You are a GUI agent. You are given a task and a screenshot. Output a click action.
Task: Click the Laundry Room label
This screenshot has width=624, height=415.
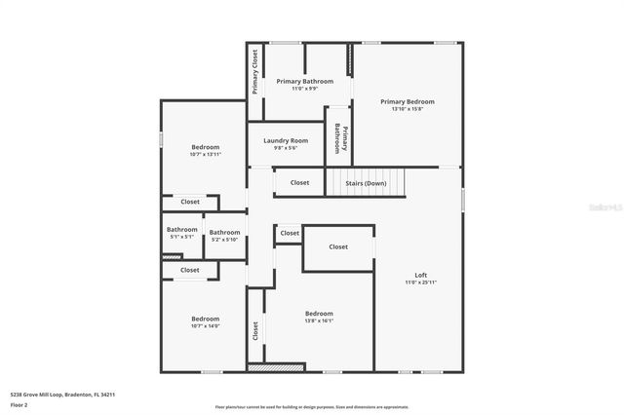point(286,140)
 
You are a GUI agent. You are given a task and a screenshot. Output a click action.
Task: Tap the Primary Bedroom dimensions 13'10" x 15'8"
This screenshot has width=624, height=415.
point(408,109)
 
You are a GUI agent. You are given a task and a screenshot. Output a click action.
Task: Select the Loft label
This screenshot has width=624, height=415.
point(421,275)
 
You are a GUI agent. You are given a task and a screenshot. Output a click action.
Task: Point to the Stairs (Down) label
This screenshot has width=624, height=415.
point(366,182)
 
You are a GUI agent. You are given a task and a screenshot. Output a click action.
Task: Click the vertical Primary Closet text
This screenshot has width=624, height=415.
point(254,71)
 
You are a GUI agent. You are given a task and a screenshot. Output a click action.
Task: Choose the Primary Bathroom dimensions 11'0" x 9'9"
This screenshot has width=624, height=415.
point(304,89)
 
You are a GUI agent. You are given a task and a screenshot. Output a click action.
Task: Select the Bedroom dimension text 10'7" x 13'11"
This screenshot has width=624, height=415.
point(205,154)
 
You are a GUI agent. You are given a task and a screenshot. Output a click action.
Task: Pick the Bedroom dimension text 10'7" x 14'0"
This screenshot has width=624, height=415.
point(205,326)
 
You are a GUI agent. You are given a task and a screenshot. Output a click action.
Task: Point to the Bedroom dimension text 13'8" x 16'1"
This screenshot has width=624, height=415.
point(319,321)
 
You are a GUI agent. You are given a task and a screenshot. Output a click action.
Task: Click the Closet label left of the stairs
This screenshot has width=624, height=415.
point(299,182)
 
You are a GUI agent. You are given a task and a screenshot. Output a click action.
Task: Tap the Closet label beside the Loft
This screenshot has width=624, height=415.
point(337,246)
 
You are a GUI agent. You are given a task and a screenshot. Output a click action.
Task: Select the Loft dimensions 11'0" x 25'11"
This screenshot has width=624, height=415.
point(421,283)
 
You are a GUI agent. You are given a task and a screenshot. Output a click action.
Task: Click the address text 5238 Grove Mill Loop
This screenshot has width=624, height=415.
point(62,395)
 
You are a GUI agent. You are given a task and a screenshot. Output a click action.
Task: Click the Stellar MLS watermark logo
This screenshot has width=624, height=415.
point(601,208)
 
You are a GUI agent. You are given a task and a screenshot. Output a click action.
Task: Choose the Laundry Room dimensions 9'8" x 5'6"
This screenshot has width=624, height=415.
point(286,148)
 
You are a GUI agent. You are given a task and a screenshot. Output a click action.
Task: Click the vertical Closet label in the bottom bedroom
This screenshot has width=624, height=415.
point(256,331)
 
